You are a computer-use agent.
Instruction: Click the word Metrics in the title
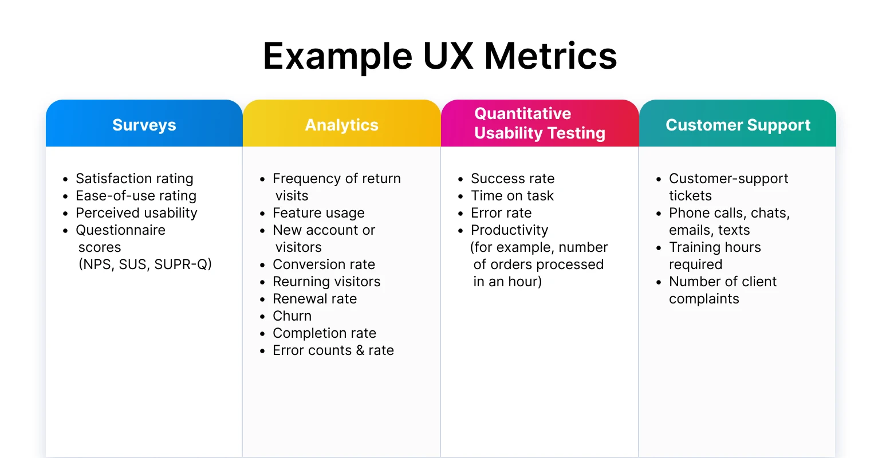[550, 56]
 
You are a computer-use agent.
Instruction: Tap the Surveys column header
[144, 125]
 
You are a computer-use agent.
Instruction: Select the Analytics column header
[341, 125]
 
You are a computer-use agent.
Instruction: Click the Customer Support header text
[738, 125]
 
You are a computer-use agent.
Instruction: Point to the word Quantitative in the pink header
[522, 113]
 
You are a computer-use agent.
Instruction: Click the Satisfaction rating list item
[134, 179]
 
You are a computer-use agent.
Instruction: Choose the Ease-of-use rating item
[136, 196]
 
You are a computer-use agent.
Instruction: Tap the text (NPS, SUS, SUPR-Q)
[145, 264]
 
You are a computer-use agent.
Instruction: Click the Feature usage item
[318, 213]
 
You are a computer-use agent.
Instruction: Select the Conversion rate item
[324, 264]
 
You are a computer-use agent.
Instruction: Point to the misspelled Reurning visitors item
[326, 282]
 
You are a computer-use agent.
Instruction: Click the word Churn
[292, 316]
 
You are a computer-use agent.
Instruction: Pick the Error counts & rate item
[333, 350]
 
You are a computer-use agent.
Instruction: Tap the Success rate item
[512, 179]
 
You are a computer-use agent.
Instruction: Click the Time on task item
[512, 196]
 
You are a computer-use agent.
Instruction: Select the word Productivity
[509, 230]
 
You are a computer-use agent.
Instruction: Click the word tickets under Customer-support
[690, 196]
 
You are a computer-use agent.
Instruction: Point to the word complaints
[704, 299]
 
